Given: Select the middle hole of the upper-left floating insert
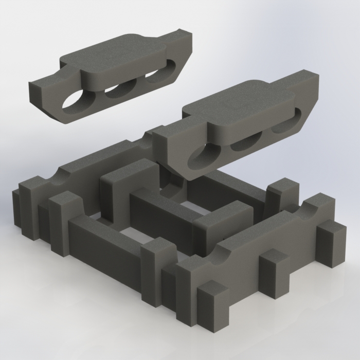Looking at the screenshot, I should [121, 90].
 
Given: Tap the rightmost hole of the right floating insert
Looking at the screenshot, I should [282, 124].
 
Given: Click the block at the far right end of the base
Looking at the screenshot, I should [332, 246].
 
